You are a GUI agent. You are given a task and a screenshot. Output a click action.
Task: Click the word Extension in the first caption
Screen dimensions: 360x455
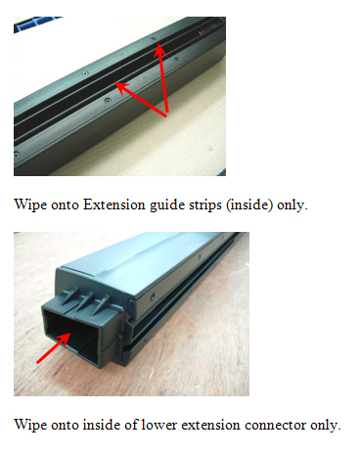click(114, 205)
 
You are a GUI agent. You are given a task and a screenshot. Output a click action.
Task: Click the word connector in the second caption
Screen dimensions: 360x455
click(275, 426)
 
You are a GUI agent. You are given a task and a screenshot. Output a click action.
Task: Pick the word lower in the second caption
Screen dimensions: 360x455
click(159, 425)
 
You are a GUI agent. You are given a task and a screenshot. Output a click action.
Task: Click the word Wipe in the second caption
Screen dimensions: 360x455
click(30, 426)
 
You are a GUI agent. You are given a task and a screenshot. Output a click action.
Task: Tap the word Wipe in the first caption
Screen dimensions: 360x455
click(30, 205)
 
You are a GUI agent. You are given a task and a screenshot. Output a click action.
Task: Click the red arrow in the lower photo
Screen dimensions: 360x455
click(54, 347)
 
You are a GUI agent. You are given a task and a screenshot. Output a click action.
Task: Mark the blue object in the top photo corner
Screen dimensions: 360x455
click(36, 23)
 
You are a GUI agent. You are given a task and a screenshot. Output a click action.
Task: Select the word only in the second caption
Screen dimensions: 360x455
click(326, 426)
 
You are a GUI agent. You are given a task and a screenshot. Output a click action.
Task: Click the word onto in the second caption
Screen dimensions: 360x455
click(66, 426)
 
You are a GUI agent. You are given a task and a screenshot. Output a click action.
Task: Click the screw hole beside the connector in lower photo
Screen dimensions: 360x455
click(152, 296)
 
